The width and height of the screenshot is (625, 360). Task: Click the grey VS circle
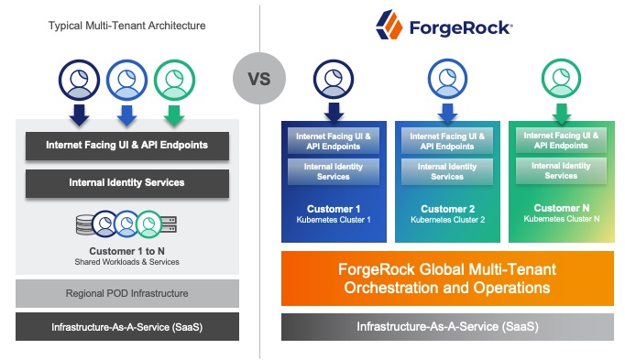259,78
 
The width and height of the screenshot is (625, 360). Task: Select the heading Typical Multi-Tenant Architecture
126,26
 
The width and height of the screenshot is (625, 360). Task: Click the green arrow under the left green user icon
170,115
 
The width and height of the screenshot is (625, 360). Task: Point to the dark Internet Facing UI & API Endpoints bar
126,145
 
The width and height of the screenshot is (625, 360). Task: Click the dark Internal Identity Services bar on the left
126,182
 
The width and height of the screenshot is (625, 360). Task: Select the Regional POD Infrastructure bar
126,293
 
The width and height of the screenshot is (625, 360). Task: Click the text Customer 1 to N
126,250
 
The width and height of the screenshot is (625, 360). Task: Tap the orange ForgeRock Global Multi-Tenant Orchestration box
447,278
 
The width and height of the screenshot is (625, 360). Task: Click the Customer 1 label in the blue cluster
333,209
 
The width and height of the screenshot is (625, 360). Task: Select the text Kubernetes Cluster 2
447,220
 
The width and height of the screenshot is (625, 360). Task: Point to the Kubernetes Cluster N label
561,219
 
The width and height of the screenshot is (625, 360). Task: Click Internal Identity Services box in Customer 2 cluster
447,171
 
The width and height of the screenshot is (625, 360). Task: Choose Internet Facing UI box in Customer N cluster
561,140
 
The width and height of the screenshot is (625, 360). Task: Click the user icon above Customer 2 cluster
447,80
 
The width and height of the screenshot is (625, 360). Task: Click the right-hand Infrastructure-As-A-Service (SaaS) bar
447,327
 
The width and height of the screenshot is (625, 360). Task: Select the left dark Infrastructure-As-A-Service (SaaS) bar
126,327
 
